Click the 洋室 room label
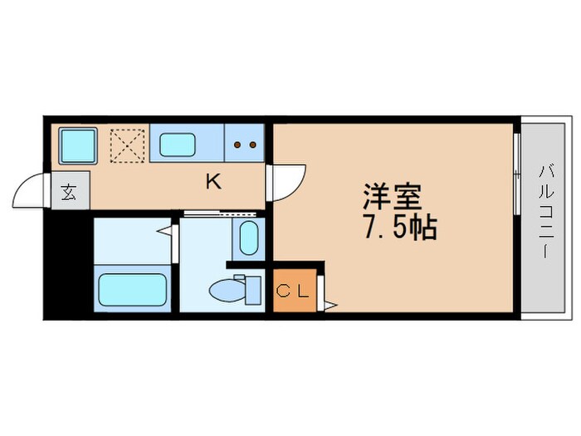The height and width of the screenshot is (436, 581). (x=392, y=197)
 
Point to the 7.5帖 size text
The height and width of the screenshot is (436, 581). (x=399, y=228)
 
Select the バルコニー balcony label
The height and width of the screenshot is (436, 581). (x=545, y=211)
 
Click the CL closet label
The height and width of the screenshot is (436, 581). (x=294, y=291)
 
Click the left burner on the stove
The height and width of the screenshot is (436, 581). (x=237, y=145)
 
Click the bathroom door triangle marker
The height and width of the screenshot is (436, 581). (x=166, y=232)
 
